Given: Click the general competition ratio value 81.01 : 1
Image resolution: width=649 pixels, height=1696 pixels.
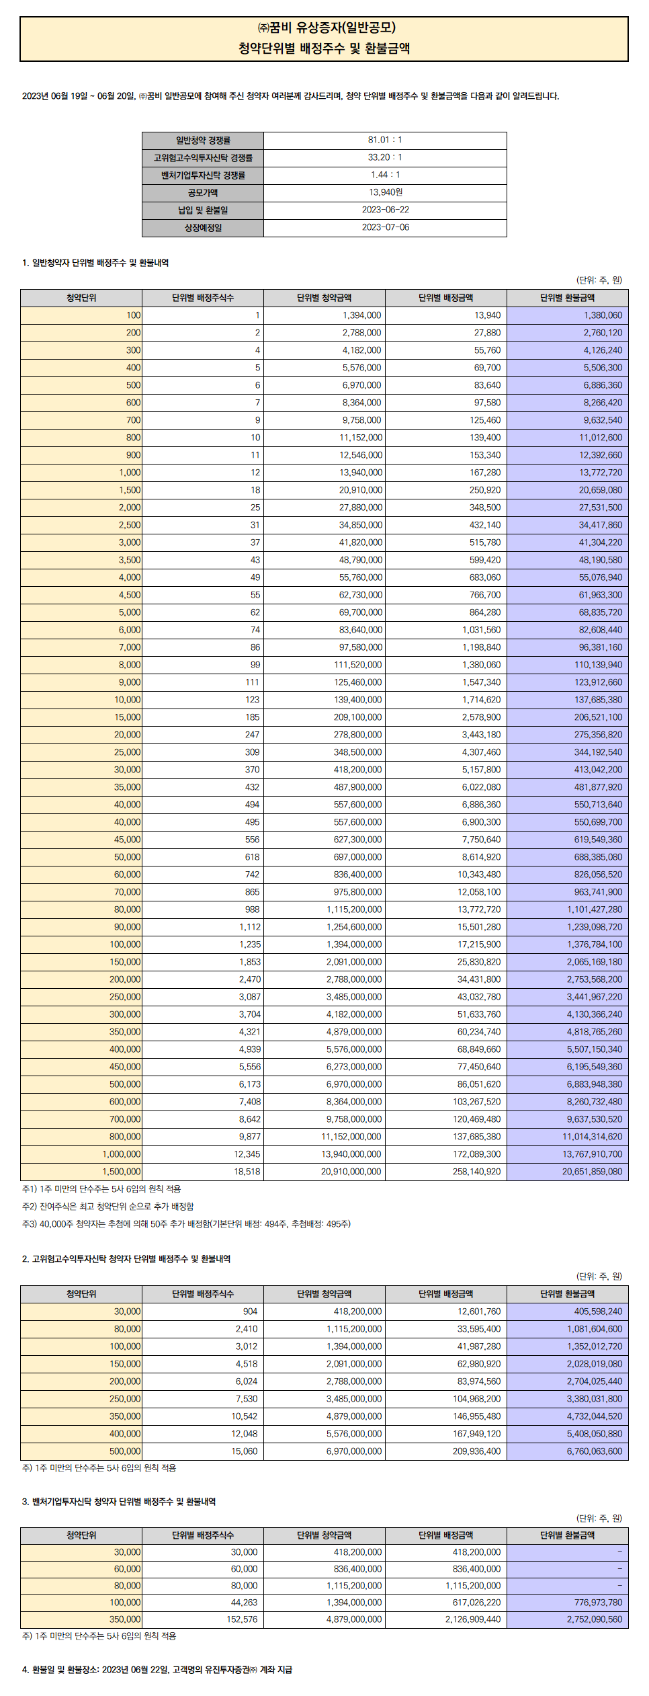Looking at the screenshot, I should pos(385,140).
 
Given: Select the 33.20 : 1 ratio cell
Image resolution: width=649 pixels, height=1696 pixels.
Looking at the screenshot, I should pos(385,157).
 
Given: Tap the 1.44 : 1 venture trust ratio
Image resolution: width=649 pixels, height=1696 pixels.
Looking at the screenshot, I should pos(385,175).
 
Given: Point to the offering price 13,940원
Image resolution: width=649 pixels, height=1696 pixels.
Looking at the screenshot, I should pos(385,192).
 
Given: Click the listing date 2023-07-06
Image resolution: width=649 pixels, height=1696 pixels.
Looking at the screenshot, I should pos(385,227).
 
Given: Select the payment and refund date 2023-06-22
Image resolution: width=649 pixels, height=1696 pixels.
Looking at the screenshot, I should pos(385,210).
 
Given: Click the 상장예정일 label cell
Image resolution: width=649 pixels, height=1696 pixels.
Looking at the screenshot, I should pos(203,228).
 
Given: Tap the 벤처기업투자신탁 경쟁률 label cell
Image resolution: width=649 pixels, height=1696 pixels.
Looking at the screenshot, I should pos(203,175).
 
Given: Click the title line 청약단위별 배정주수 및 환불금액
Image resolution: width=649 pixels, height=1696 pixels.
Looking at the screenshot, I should pos(324,48).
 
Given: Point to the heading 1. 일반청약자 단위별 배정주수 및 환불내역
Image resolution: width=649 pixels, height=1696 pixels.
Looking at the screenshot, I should pos(95,263).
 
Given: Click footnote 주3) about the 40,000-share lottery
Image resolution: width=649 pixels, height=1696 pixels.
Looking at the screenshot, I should pos(186,1224).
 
